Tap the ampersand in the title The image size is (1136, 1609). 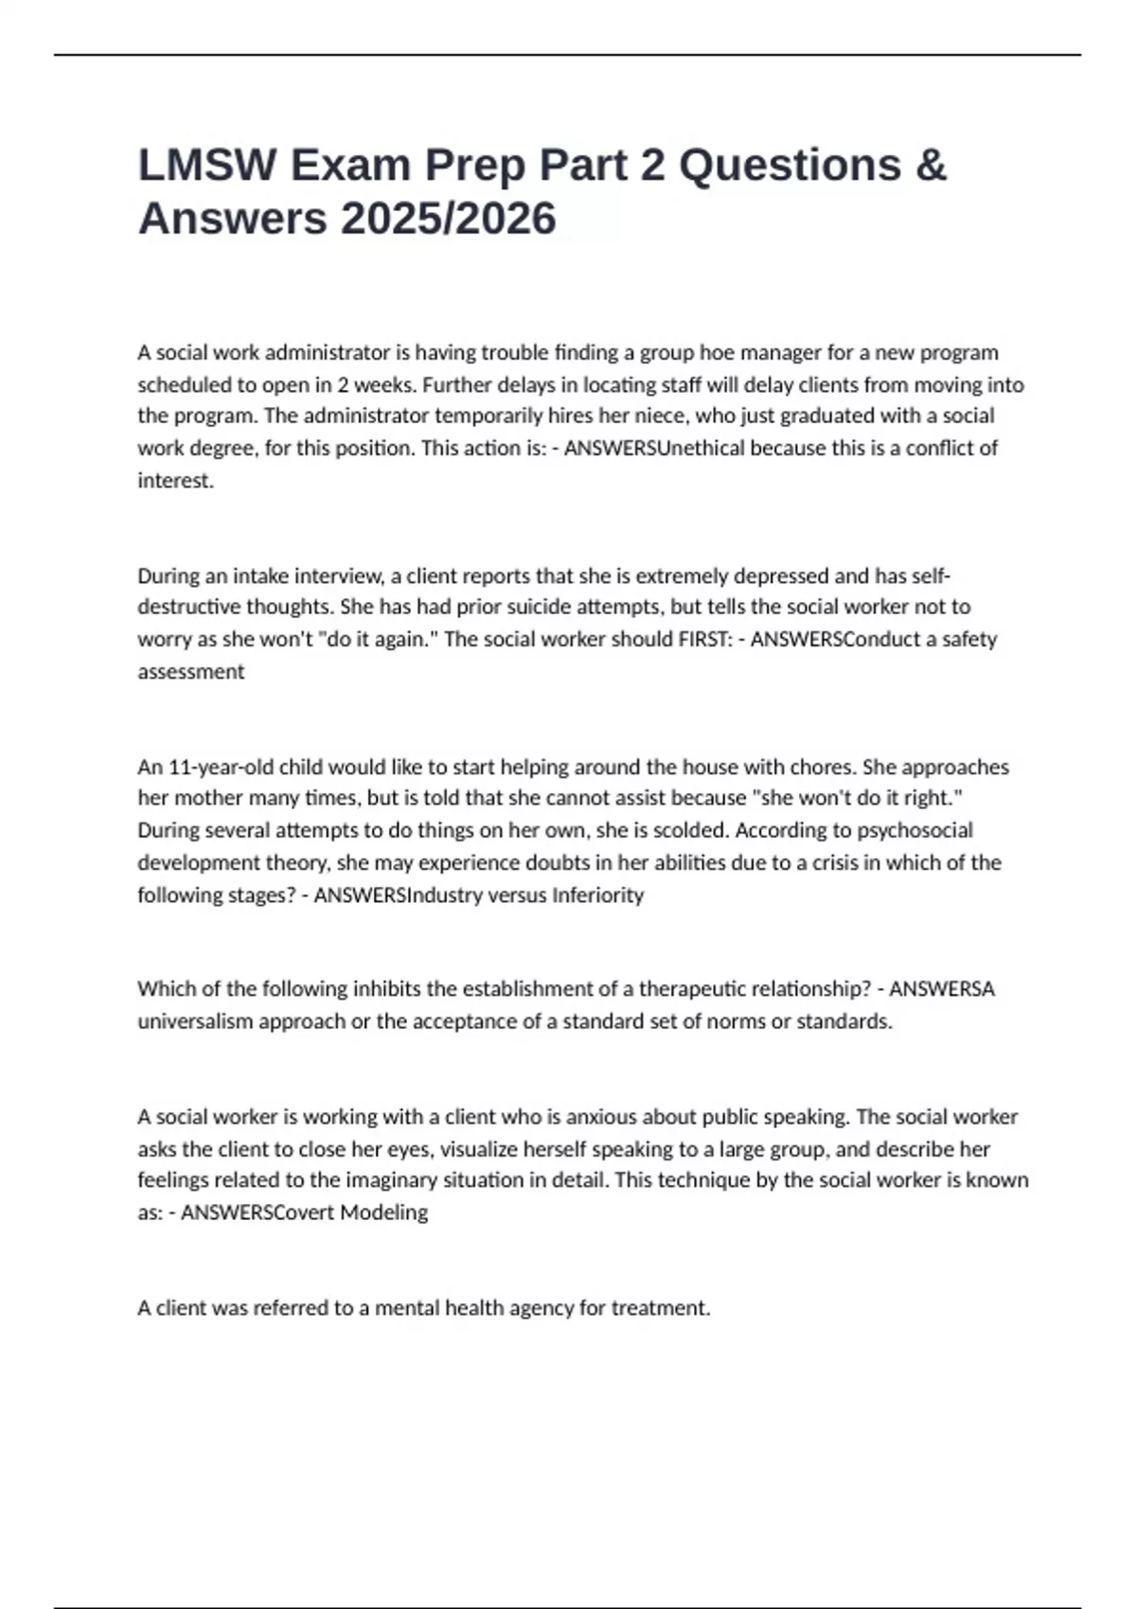(x=931, y=166)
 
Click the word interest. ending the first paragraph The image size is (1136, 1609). (x=176, y=480)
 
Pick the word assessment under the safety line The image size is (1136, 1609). (x=190, y=671)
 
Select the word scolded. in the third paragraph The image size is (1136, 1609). (x=691, y=830)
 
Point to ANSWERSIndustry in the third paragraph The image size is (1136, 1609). (x=399, y=894)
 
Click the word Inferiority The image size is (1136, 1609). (x=597, y=894)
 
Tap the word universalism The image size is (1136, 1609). (x=194, y=1021)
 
